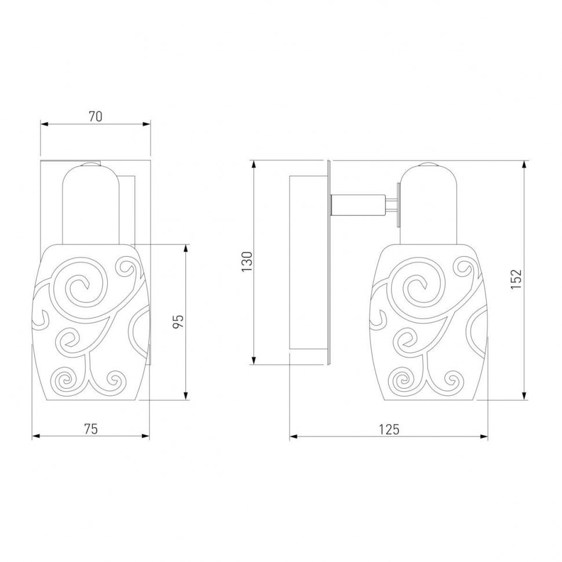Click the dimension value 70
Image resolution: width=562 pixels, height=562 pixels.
click(96, 116)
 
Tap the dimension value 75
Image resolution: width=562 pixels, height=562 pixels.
click(91, 429)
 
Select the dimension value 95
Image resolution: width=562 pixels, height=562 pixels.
click(178, 321)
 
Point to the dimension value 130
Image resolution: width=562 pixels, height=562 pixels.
click(247, 261)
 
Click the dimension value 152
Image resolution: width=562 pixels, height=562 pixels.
click(516, 279)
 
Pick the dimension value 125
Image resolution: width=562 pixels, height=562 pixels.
click(389, 429)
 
